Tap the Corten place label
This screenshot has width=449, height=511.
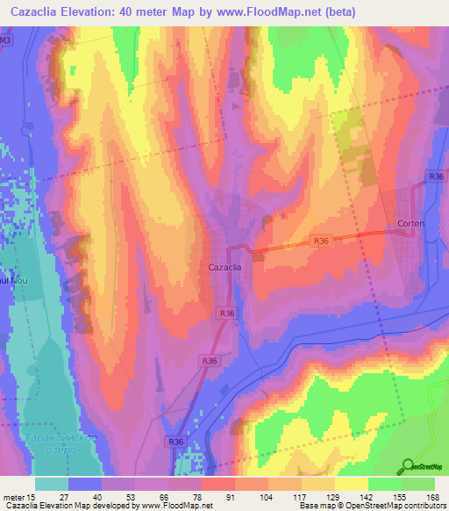tap(410, 224)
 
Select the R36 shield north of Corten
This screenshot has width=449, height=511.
tap(437, 177)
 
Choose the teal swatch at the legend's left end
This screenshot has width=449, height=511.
tap(51, 484)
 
